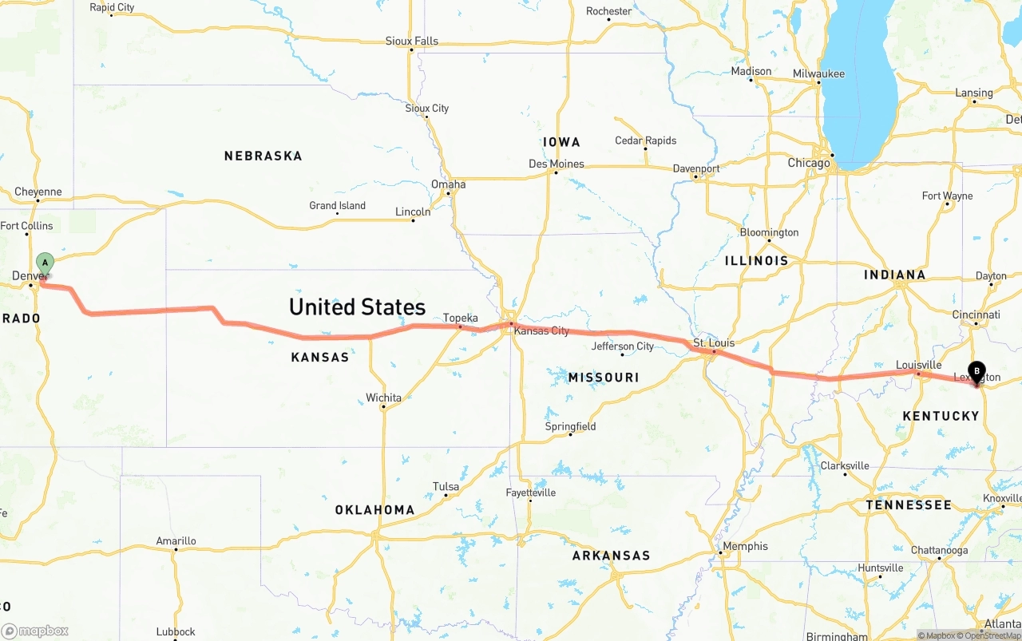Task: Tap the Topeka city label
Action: coord(461,318)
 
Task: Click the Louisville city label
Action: coord(918,365)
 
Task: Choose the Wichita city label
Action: coord(383,398)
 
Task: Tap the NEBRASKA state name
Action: coord(263,156)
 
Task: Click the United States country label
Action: coord(357,307)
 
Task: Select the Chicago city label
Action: coord(809,163)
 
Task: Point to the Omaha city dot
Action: coord(449,193)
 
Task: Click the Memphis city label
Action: coord(746,546)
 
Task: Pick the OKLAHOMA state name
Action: coord(374,509)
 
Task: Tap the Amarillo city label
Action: coord(176,540)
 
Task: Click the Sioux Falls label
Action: coord(411,41)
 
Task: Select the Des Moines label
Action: coord(556,164)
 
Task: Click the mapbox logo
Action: coord(35,631)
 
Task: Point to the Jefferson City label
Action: coord(622,346)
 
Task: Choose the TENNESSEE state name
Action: coord(909,504)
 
